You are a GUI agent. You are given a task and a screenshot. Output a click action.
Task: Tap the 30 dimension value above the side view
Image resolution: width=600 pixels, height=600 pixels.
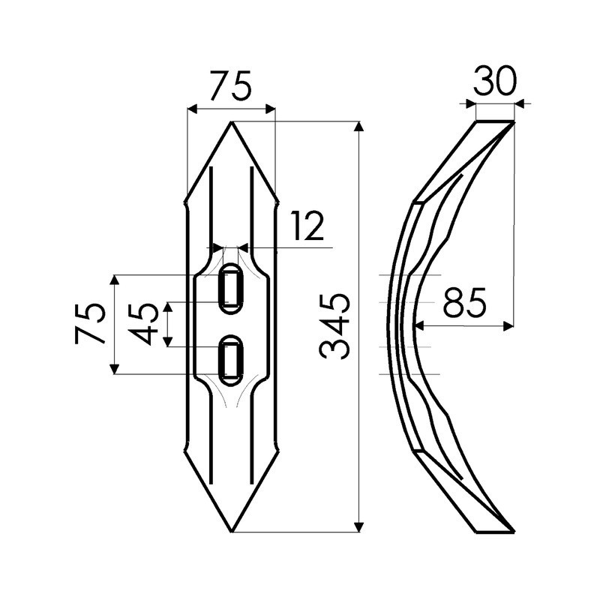click(495, 81)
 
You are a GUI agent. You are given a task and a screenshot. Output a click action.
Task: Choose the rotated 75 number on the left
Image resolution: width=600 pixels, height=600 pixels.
click(92, 324)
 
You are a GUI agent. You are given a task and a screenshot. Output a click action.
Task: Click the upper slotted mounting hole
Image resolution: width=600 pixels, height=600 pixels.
click(230, 290)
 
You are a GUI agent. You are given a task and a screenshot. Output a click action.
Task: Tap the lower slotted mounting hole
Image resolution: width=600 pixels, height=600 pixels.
click(230, 358)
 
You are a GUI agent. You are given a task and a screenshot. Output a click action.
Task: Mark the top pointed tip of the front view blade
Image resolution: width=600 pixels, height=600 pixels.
click(231, 122)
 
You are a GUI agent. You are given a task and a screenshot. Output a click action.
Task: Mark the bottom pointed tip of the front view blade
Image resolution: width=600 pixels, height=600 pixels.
click(231, 532)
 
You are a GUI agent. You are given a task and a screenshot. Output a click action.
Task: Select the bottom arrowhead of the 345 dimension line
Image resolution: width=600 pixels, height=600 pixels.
click(360, 526)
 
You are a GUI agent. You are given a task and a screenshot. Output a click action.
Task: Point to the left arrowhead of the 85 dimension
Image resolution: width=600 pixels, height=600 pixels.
click(418, 325)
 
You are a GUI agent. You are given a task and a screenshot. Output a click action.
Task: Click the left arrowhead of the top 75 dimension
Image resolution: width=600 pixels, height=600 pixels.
click(190, 109)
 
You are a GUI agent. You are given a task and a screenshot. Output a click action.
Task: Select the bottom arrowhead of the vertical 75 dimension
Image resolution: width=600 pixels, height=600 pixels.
click(115, 369)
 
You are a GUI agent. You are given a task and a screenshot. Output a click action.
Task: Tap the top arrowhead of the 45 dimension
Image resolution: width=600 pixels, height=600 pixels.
click(169, 306)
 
